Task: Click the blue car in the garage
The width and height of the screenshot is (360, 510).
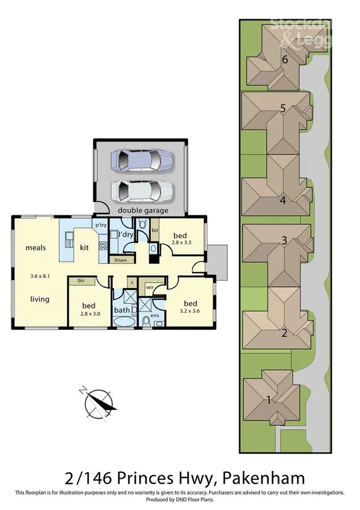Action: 142,161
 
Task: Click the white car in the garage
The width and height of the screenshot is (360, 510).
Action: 142,191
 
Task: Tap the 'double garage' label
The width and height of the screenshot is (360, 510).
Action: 142,210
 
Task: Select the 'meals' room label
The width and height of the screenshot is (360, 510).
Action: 35,247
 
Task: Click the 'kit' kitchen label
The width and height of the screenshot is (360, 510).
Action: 84,247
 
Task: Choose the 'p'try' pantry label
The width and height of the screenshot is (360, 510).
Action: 100,225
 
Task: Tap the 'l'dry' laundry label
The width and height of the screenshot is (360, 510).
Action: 126,234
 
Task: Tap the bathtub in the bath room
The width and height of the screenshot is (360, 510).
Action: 124,322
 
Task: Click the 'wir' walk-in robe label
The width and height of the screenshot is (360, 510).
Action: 149,287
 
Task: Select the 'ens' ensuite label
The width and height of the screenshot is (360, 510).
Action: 154,315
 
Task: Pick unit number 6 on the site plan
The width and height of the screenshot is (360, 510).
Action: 285,58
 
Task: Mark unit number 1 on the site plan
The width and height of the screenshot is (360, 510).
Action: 269,398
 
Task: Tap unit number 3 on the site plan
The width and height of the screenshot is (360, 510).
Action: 284,241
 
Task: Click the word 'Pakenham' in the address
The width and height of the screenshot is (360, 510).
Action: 264,478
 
